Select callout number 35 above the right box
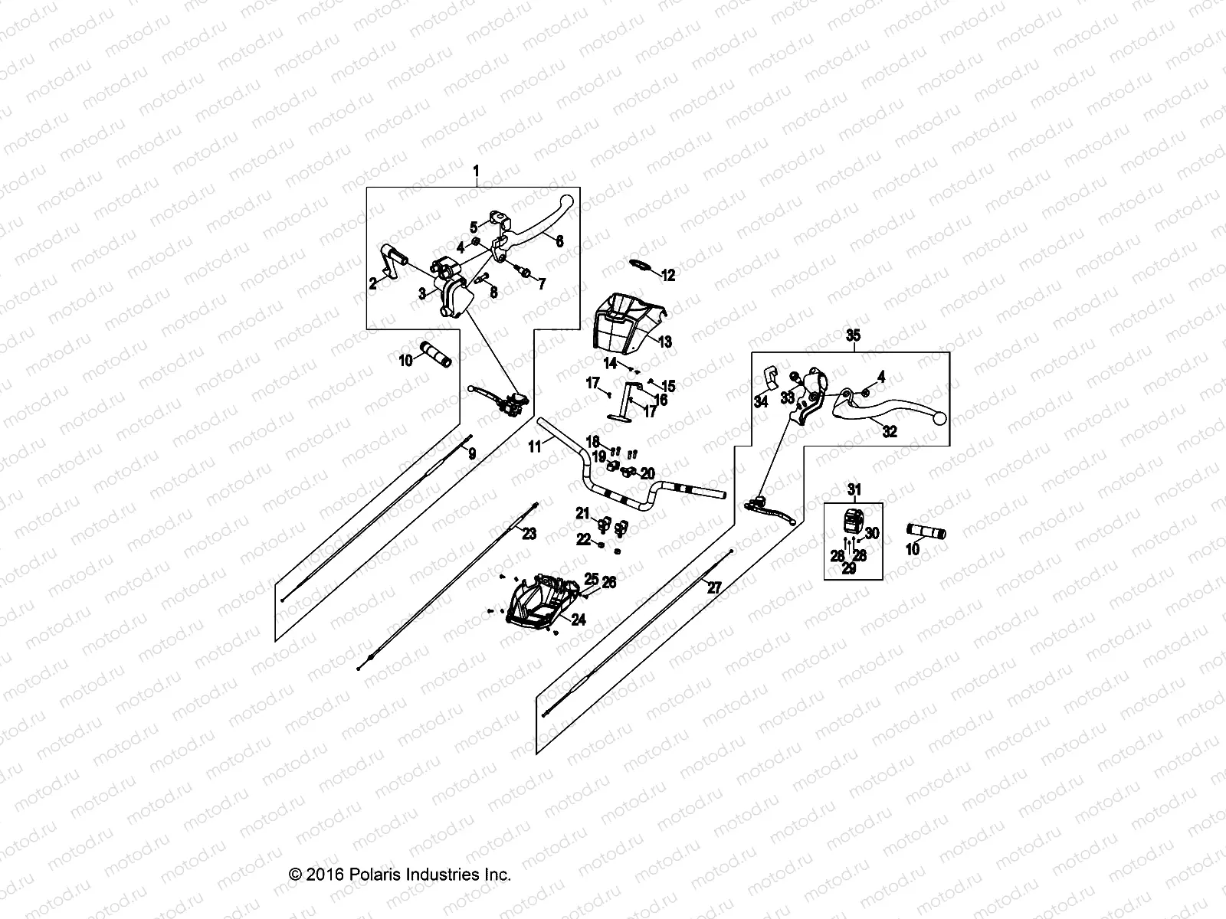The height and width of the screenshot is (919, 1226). [x=853, y=335]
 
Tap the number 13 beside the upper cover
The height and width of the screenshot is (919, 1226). [x=664, y=342]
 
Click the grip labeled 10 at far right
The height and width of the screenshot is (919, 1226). [x=926, y=532]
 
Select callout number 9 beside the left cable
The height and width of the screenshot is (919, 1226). [x=472, y=453]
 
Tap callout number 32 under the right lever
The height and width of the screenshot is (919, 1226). [x=889, y=431]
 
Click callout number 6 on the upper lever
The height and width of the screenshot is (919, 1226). [x=559, y=241]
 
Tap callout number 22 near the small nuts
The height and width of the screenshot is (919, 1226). [x=583, y=539]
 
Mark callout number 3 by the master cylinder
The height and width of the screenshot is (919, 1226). [x=422, y=293]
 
